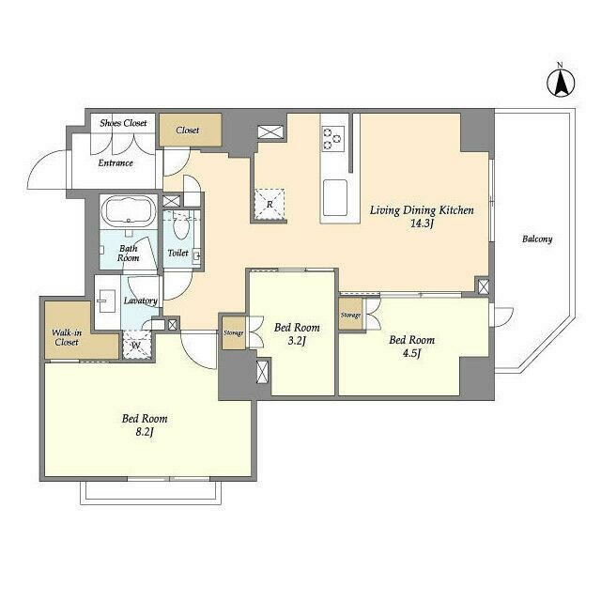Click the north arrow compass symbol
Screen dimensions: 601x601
(560, 82)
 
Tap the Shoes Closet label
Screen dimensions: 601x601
(123, 123)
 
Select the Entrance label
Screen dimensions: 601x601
(116, 162)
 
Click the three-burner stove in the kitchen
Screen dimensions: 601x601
(332, 139)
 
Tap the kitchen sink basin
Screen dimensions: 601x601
(335, 198)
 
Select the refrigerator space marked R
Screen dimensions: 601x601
(270, 205)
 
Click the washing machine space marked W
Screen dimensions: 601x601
(136, 345)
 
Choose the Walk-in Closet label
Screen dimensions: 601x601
(67, 337)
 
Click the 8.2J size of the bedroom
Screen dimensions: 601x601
(145, 432)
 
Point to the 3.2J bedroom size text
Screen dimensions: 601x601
(297, 340)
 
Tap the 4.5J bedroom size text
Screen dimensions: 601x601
(411, 353)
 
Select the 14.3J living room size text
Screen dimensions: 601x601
(422, 223)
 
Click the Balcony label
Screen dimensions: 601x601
(537, 239)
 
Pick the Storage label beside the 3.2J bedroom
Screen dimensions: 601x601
(234, 333)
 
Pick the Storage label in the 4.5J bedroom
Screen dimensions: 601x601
(350, 316)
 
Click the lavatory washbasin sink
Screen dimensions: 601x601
(107, 300)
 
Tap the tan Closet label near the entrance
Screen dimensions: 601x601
(188, 131)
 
